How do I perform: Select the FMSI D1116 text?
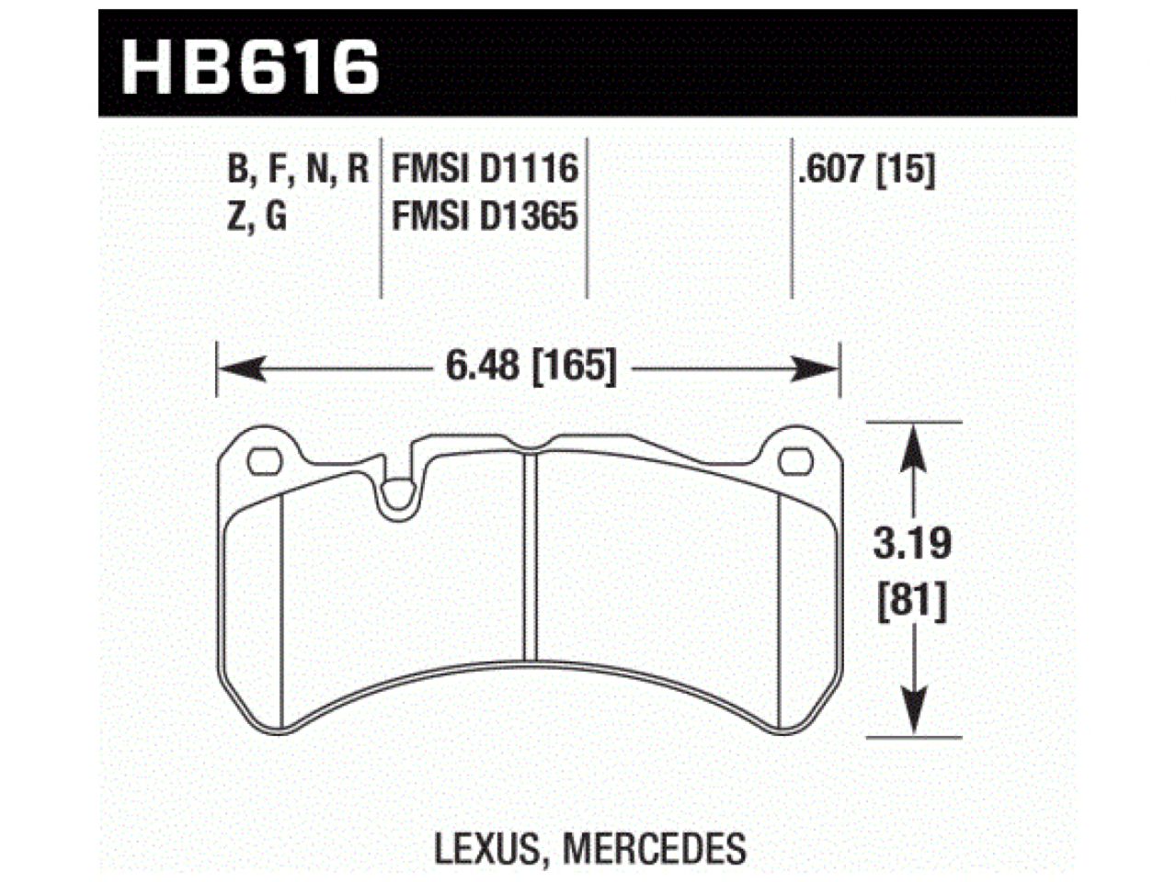coord(485,170)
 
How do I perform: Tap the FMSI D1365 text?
coord(485,218)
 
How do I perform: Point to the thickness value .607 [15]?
coord(866,170)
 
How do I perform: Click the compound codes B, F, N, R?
coord(296,170)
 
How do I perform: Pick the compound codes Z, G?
coord(257,218)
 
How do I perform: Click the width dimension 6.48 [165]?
coord(531,369)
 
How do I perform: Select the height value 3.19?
coord(911,545)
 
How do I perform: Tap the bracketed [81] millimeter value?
coord(911,604)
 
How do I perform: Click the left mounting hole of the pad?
coord(266,460)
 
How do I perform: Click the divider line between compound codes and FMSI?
coord(381,220)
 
